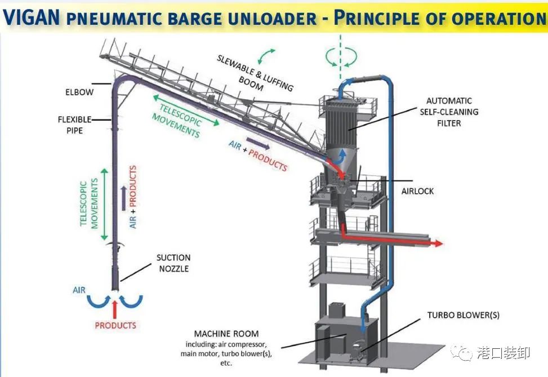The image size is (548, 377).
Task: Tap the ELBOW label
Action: [x=78, y=92]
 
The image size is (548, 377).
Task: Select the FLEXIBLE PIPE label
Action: [x=70, y=125]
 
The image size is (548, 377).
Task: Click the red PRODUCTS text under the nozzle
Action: [x=115, y=325]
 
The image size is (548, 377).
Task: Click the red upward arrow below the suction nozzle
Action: [x=115, y=309]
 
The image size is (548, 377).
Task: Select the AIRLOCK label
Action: [x=417, y=191]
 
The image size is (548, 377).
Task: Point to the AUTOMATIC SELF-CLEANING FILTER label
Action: [x=448, y=112]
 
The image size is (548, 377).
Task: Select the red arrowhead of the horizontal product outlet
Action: [x=436, y=243]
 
